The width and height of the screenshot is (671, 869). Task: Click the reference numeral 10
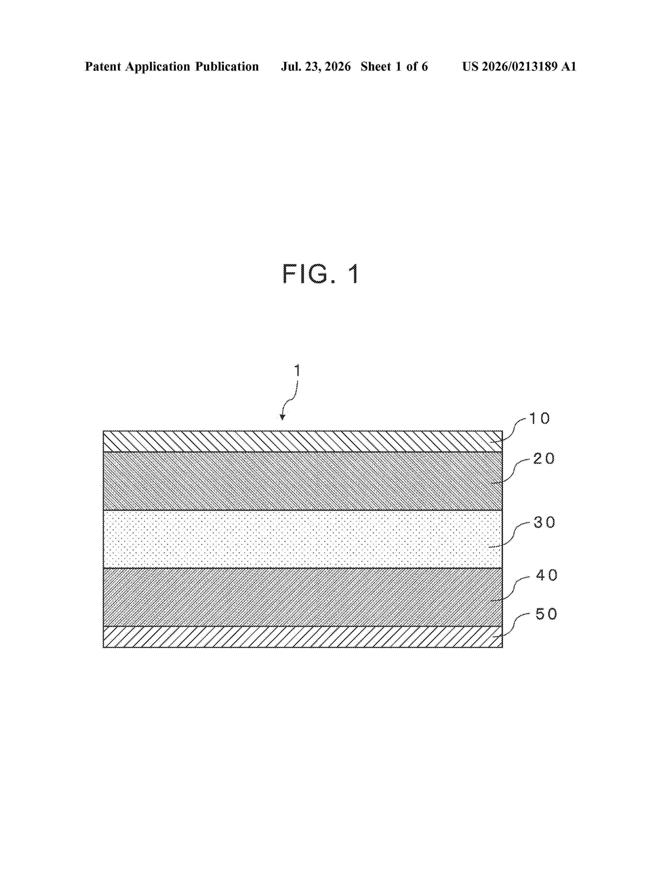539,419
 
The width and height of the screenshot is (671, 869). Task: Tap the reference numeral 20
544,459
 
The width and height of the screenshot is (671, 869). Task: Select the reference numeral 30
544,522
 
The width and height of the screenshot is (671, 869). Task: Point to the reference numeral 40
547,575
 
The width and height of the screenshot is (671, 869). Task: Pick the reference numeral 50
547,614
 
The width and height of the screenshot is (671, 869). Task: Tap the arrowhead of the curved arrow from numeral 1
282,417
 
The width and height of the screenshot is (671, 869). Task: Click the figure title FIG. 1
321,274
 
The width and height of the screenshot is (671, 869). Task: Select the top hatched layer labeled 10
303,441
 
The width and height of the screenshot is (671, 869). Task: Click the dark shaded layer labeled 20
303,481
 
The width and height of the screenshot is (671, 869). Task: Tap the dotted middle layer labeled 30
303,539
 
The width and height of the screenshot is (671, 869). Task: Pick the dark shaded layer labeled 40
303,597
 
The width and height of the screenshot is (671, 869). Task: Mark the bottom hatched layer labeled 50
303,637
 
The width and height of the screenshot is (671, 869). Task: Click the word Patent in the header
103,66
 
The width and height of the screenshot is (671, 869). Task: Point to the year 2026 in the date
338,66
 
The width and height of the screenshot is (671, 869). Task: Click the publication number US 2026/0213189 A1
519,66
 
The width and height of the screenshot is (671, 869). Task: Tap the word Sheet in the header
376,66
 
